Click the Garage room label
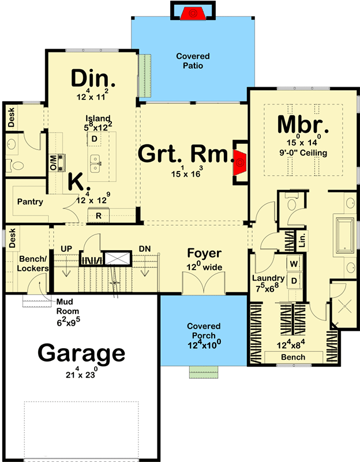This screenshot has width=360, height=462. (x=81, y=353)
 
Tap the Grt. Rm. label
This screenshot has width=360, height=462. (x=185, y=155)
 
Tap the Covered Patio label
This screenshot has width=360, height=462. (x=193, y=61)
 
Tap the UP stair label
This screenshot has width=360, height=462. (x=66, y=249)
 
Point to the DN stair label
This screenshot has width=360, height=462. (x=145, y=249)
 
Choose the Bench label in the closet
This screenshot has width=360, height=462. (x=293, y=357)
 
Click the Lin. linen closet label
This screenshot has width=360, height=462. (x=301, y=237)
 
